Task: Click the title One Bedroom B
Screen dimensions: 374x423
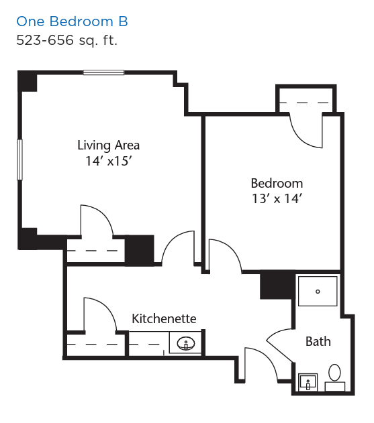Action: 72,21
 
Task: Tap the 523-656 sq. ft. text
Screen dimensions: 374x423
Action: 66,40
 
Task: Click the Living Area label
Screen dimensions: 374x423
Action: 108,145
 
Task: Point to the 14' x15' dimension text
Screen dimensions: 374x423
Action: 108,161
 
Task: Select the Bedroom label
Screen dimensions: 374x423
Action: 277,184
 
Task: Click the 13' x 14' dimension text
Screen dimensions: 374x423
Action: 277,199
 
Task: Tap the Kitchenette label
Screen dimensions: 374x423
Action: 164,318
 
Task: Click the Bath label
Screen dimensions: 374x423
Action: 318,341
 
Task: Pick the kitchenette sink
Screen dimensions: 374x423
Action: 186,343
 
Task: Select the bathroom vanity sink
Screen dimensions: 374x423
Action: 308,382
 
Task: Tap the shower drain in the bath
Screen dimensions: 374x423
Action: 318,292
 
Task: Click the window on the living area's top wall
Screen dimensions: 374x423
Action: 103,72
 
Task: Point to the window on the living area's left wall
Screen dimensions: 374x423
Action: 19,160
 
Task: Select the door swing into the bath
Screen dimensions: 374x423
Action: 279,345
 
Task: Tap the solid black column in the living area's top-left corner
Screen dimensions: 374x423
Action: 27,81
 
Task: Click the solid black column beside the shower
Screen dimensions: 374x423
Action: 277,286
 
